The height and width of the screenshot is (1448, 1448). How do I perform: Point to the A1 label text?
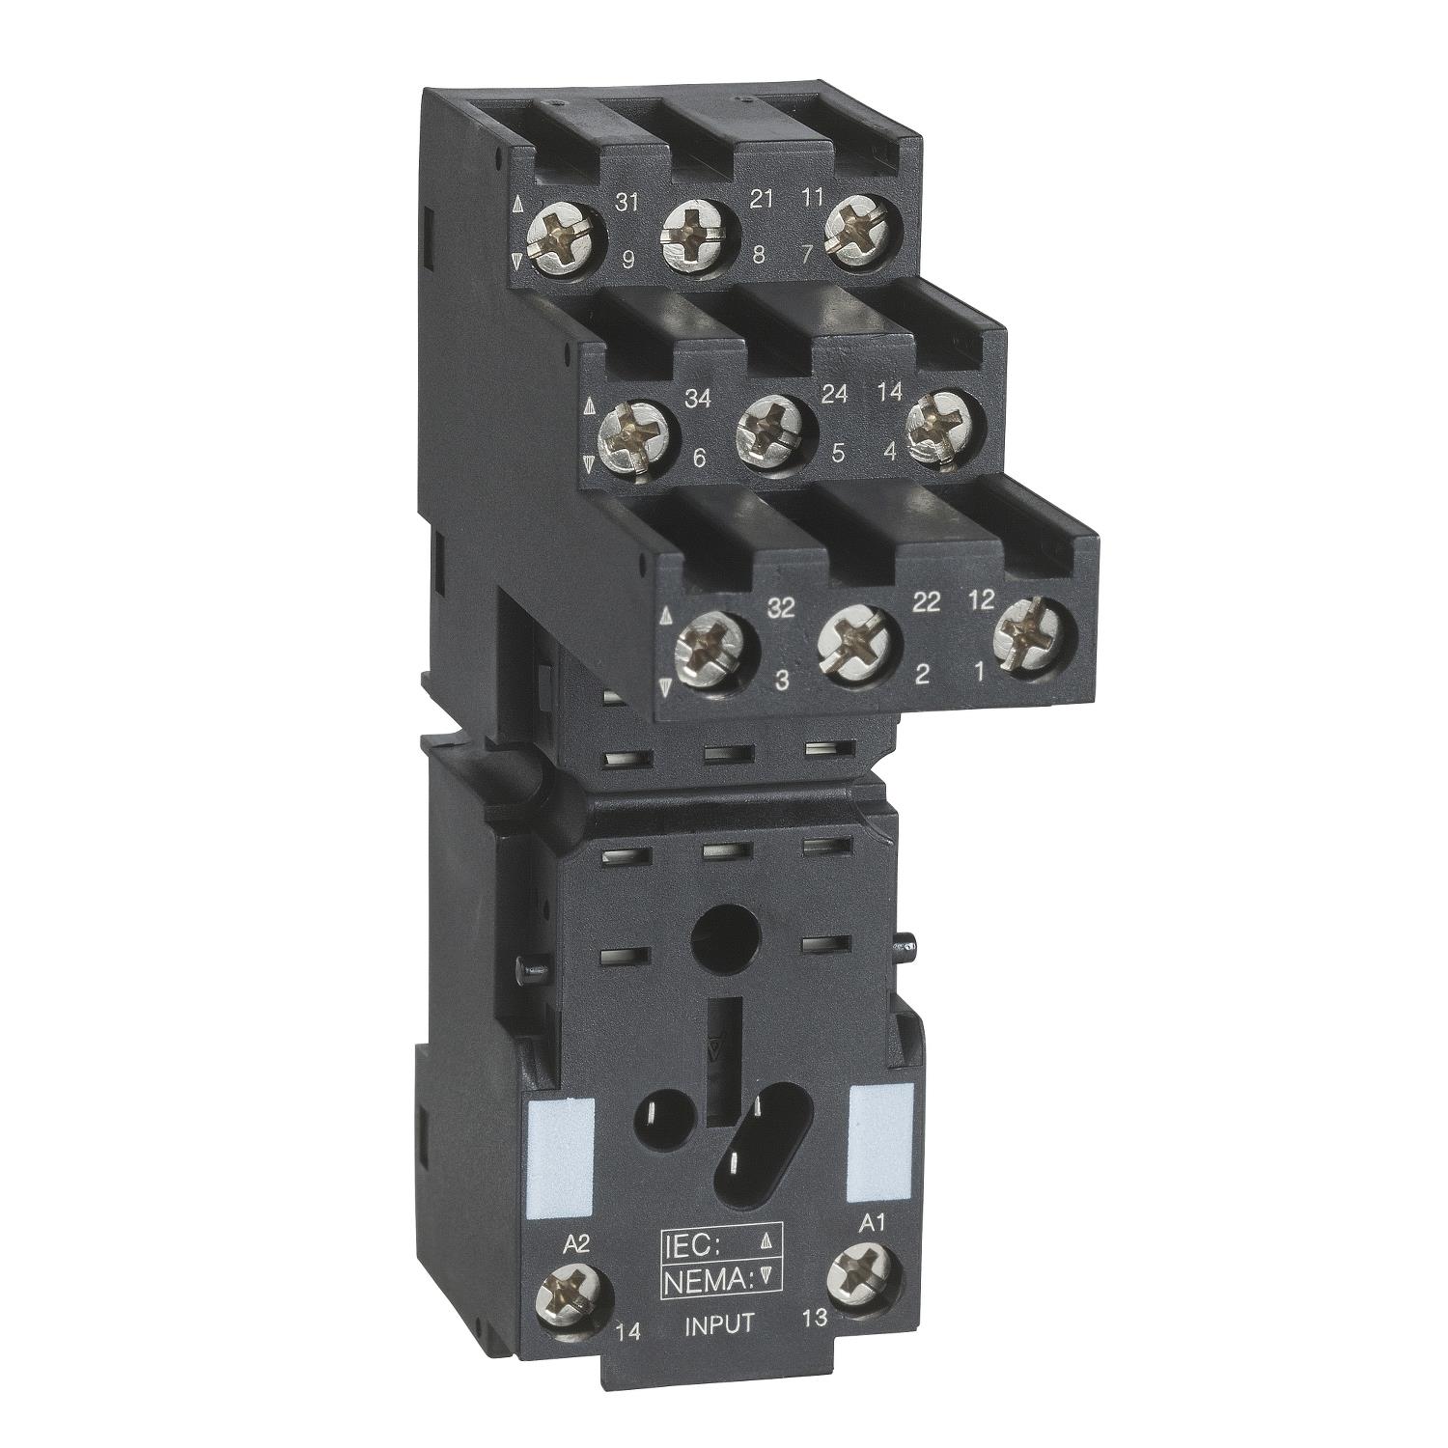point(872,1223)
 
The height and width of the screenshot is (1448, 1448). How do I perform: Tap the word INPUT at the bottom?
point(718,1323)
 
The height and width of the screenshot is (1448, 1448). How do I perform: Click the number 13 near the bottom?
point(815,1318)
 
